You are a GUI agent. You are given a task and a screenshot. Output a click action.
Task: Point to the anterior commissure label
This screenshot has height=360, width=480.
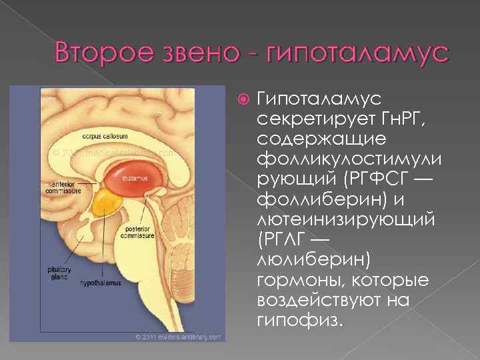(64, 187)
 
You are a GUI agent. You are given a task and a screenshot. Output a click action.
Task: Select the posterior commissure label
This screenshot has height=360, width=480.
(138, 232)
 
